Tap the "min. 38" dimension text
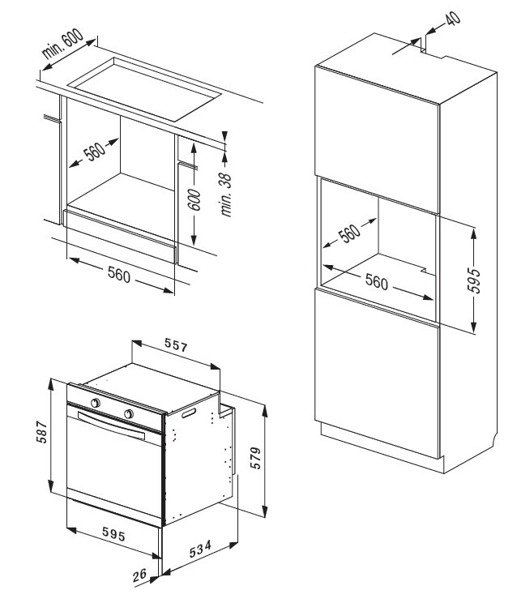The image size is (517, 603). tap(226, 193)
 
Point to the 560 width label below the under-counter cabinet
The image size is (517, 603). tap(119, 274)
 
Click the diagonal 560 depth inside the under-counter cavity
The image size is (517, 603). tap(95, 152)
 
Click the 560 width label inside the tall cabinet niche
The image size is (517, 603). tap(375, 283)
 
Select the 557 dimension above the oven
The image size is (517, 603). tap(176, 348)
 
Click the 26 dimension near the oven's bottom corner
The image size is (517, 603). tap(140, 575)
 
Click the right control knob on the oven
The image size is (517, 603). tap(128, 414)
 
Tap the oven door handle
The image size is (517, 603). tap(112, 426)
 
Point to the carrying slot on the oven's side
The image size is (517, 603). tap(190, 414)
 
